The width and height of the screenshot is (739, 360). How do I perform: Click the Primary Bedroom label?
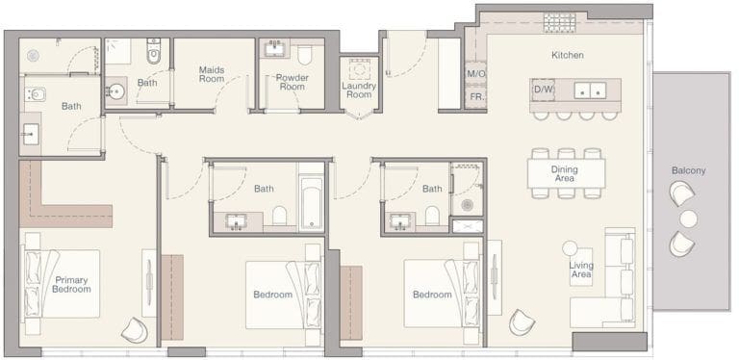click(x=72, y=282)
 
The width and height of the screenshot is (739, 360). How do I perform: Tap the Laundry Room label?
click(x=358, y=90)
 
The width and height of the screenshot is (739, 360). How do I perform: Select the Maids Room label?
click(x=212, y=74)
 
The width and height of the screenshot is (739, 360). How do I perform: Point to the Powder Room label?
click(x=291, y=82)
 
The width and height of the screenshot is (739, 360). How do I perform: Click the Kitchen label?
click(x=567, y=55)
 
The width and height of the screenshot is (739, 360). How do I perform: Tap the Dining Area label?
click(x=566, y=173)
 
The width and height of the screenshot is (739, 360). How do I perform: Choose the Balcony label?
click(x=688, y=170)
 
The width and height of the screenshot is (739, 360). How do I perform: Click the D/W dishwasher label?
click(x=543, y=90)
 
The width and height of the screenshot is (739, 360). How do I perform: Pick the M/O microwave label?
click(x=475, y=74)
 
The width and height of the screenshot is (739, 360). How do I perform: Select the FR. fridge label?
click(x=475, y=96)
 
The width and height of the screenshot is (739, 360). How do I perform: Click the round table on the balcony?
click(x=688, y=219)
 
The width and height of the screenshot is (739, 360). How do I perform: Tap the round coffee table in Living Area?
click(x=570, y=247)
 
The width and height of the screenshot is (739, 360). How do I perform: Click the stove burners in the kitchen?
click(x=559, y=21)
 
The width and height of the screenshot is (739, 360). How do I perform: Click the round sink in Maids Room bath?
click(x=116, y=92)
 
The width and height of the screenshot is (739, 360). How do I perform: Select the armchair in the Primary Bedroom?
click(x=135, y=329)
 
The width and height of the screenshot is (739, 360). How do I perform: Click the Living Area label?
click(x=581, y=270)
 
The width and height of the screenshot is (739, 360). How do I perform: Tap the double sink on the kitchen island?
click(x=589, y=90)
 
